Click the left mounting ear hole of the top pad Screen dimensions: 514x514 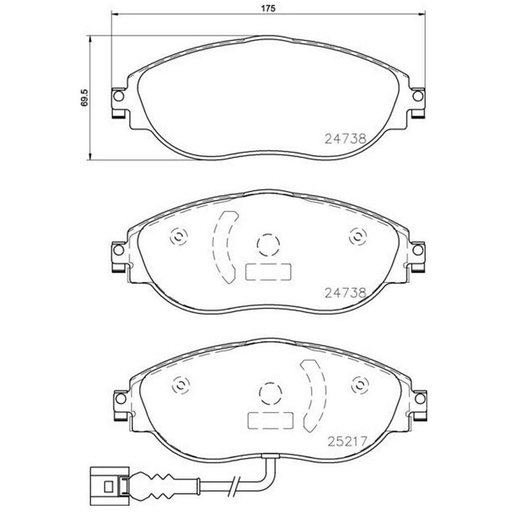click(x=118, y=96)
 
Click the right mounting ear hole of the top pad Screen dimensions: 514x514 click(x=418, y=96)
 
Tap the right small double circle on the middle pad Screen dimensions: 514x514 click(x=357, y=236)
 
